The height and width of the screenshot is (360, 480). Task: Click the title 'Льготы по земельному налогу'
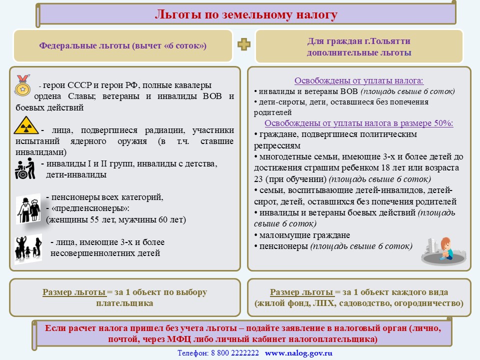(246, 14)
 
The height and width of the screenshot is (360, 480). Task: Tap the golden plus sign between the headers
(243, 44)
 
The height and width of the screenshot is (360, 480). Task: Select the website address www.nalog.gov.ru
(298, 353)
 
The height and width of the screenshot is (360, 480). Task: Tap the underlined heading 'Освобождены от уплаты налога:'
(359, 81)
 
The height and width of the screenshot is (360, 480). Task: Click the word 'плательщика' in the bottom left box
(124, 303)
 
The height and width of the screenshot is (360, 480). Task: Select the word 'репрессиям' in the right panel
(277, 145)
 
